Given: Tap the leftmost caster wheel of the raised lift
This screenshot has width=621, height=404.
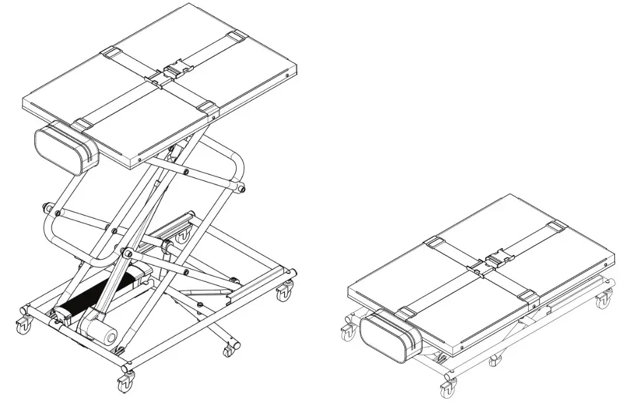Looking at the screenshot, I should click(23, 323).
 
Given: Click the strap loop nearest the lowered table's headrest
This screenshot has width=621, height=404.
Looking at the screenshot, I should click(407, 312).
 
